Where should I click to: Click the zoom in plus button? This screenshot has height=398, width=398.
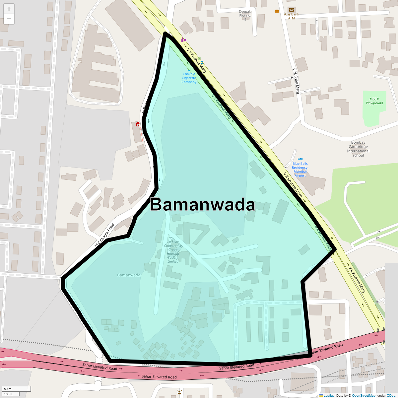pyautogui.click(x=9, y=9)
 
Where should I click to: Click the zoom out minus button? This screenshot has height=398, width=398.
pyautogui.click(x=9, y=19)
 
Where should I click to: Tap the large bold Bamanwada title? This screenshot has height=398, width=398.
pyautogui.click(x=202, y=205)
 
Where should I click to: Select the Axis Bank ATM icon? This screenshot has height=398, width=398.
pyautogui.click(x=291, y=10)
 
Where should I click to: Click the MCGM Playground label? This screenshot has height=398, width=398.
pyautogui.click(x=374, y=101)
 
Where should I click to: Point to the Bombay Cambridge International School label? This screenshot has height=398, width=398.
pyautogui.click(x=358, y=149)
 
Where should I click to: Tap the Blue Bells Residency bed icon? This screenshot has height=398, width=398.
pyautogui.click(x=300, y=159)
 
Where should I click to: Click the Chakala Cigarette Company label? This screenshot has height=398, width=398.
pyautogui.click(x=189, y=78)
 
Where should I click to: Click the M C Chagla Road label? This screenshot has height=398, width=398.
pyautogui.click(x=104, y=235)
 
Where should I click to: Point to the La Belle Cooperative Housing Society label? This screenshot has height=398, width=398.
pyautogui.click(x=173, y=252)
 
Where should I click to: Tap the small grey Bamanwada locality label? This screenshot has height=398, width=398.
pyautogui.click(x=129, y=275)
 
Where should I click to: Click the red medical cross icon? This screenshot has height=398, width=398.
pyautogui.click(x=138, y=124)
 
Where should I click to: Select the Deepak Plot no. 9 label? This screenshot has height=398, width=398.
pyautogui.click(x=245, y=15)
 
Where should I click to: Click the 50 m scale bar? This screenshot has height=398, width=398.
pyautogui.click(x=17, y=389)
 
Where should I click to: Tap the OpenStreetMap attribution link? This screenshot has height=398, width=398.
pyautogui.click(x=364, y=396)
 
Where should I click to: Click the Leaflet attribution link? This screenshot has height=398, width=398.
pyautogui.click(x=328, y=396)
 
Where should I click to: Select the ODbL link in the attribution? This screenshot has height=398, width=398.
pyautogui.click(x=391, y=396)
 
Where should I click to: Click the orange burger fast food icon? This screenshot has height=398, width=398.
pyautogui.click(x=277, y=11)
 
